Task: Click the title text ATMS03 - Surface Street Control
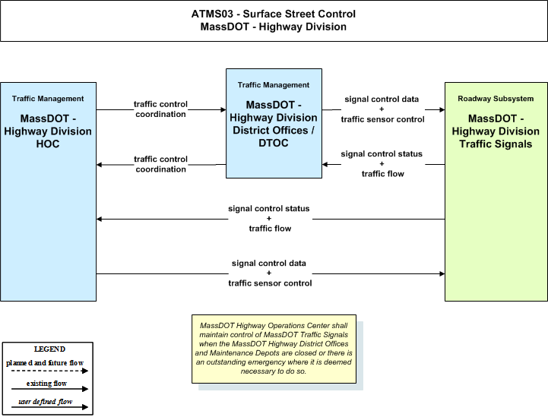[x=274, y=14]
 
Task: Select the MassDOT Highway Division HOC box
[x=48, y=191]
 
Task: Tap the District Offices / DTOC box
[x=274, y=123]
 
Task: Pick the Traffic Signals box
[x=496, y=191]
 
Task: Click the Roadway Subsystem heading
[x=496, y=99]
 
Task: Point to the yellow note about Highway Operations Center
[x=274, y=349]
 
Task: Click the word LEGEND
[x=49, y=349]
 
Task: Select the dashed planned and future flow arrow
[x=49, y=371]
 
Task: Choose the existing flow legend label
[x=46, y=384]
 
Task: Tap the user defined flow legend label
[x=45, y=402]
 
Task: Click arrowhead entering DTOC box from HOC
[x=223, y=109]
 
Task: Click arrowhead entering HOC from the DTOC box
[x=100, y=165]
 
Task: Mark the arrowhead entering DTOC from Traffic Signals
[x=325, y=165]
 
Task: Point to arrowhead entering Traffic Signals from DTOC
[x=442, y=109]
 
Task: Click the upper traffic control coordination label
[x=161, y=109]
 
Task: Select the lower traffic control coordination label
[x=161, y=164]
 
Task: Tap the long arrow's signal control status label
[x=269, y=208]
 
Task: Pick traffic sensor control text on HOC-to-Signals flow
[x=270, y=283]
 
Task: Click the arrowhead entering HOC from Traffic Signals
[x=100, y=219]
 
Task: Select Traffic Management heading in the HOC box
[x=48, y=99]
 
